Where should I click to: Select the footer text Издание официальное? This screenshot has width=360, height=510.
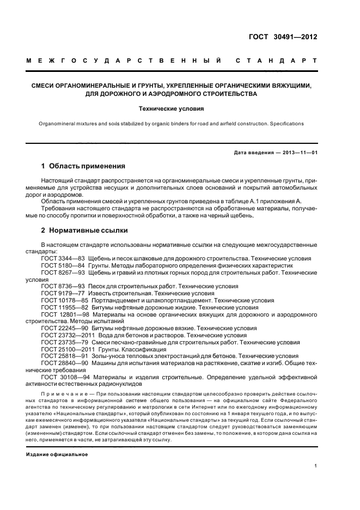[57, 454]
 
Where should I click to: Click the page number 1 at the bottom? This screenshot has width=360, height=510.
[315, 466]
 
